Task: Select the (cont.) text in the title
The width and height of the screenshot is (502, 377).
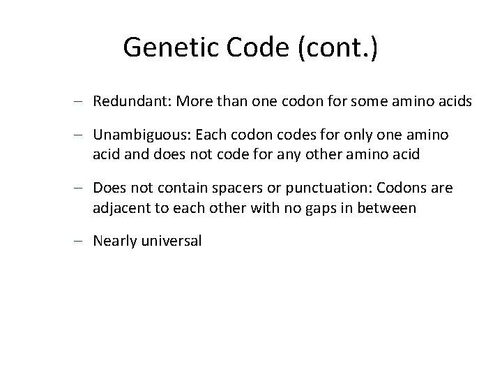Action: click(338, 47)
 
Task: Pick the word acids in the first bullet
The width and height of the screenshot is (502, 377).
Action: click(455, 102)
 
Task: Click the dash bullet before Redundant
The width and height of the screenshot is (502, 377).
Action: click(81, 103)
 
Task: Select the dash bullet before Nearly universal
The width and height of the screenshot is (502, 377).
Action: click(81, 242)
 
